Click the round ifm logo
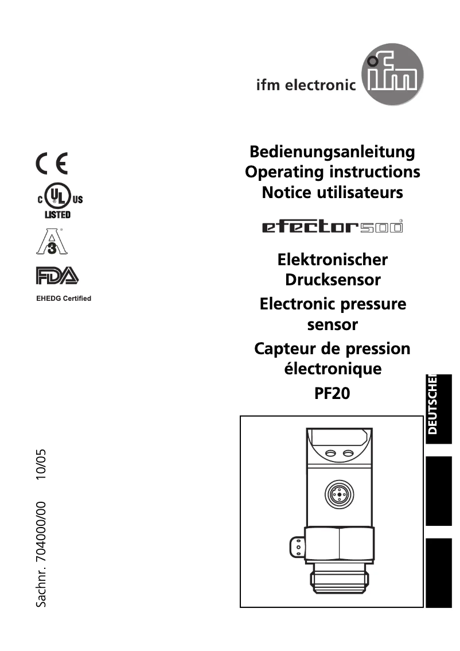click(x=393, y=80)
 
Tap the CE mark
click(x=51, y=164)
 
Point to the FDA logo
click(x=57, y=276)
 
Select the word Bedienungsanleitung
click(x=332, y=152)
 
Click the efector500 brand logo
click(x=332, y=227)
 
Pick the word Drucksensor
click(x=333, y=280)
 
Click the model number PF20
click(x=332, y=394)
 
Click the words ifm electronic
click(x=306, y=86)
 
